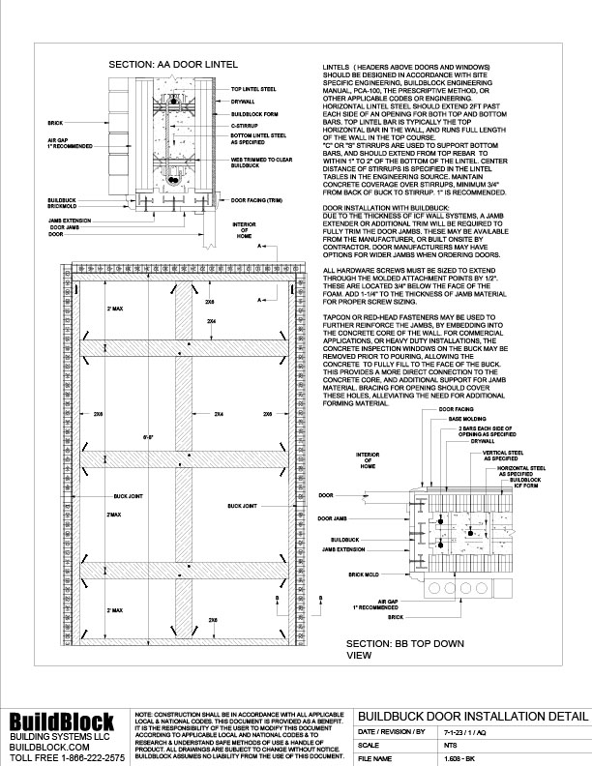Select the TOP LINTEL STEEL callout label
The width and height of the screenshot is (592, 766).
[252, 88]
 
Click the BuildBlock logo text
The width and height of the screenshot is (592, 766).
[60, 720]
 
